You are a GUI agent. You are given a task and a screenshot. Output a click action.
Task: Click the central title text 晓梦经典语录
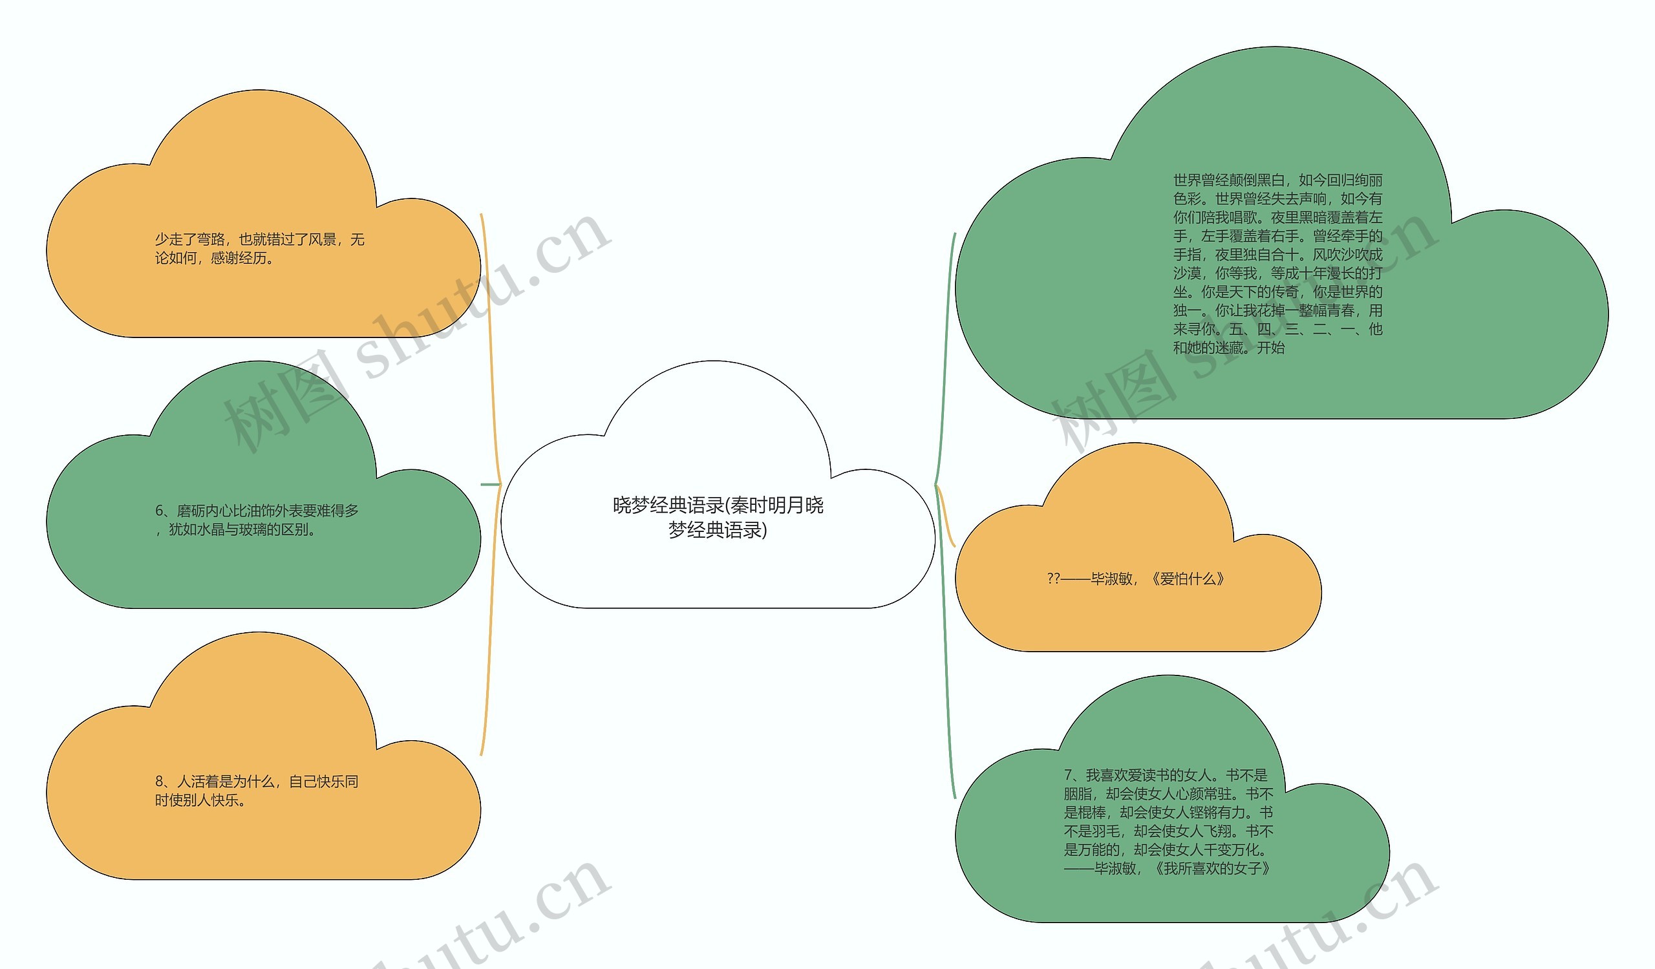pyautogui.click(x=718, y=506)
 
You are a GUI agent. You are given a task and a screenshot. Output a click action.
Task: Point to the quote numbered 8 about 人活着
pyautogui.click(x=256, y=782)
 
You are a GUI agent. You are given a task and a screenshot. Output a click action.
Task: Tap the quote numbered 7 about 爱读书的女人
pyautogui.click(x=1166, y=775)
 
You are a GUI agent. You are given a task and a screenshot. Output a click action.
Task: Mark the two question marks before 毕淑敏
pyautogui.click(x=1053, y=579)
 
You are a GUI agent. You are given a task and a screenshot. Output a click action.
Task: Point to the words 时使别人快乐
pyautogui.click(x=200, y=801)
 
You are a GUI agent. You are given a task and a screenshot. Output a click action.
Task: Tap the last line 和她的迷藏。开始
pyautogui.click(x=1229, y=348)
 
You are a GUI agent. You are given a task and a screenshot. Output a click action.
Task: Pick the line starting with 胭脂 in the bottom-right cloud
pyautogui.click(x=1168, y=794)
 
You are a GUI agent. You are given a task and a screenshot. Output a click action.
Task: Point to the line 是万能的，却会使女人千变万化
pyautogui.click(x=1166, y=849)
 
